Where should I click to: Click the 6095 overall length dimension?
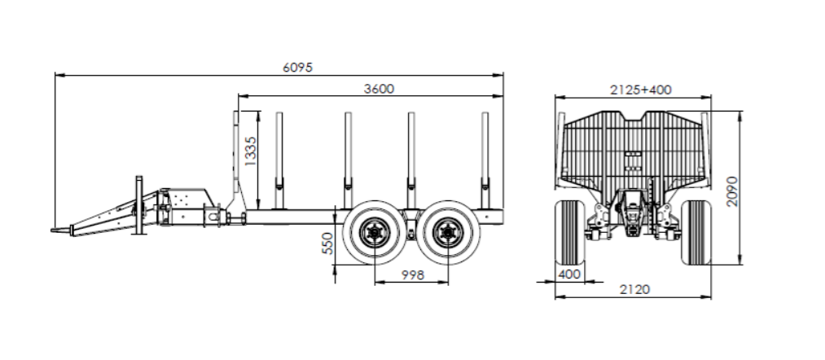297,68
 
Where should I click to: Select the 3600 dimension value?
379,89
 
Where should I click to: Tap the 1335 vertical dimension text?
251,151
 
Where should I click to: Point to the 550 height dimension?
327,244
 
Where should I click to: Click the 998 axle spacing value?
412,274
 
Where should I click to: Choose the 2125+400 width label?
641,90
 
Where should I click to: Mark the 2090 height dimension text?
732,191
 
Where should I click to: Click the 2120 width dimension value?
634,289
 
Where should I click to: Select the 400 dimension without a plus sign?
569,274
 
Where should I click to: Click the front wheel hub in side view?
375,233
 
